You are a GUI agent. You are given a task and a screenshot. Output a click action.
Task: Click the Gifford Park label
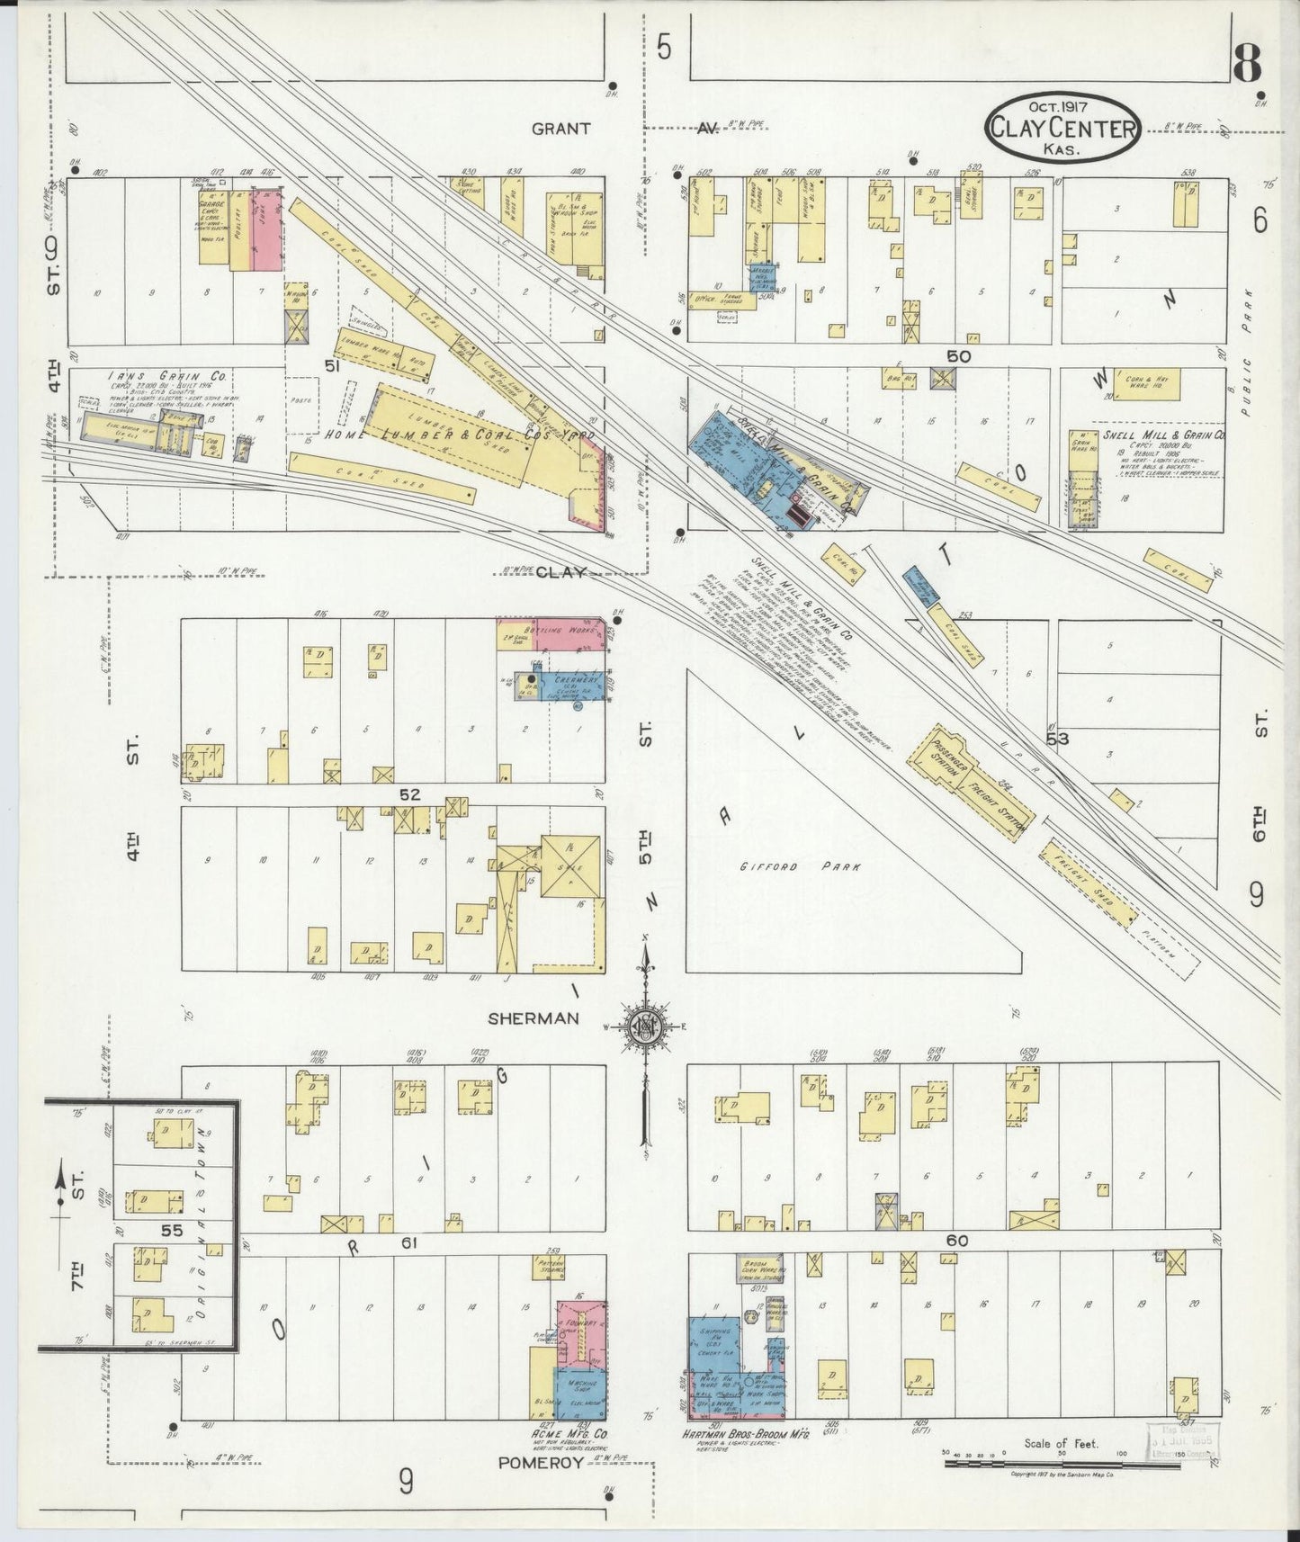click(x=801, y=867)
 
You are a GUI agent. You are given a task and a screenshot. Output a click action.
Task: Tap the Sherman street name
click(x=532, y=1018)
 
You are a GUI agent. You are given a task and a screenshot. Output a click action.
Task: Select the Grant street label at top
click(x=560, y=129)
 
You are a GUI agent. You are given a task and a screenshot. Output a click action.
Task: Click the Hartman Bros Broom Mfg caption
click(x=750, y=1437)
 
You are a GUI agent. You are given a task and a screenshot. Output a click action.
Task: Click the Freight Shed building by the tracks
click(x=1089, y=875)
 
